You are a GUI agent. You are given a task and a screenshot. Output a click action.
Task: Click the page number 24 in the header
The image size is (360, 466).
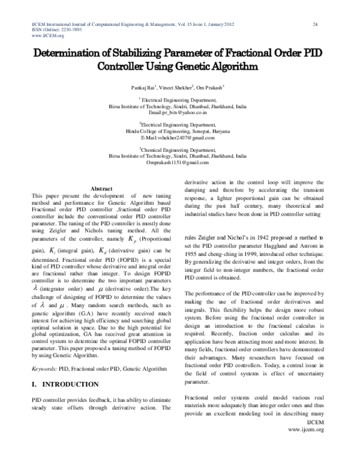[315, 24]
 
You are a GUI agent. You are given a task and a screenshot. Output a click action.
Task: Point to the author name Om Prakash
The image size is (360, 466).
[211, 87]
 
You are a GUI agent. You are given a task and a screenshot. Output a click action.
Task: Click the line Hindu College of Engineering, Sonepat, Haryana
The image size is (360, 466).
[178, 131]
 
